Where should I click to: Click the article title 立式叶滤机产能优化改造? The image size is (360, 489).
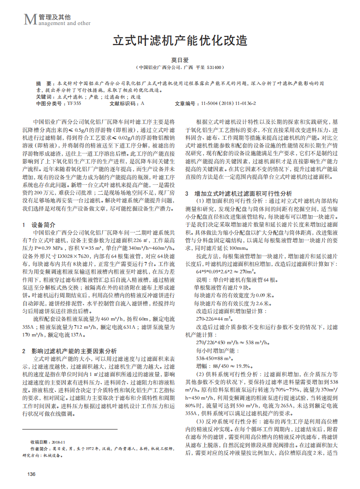click(180, 41)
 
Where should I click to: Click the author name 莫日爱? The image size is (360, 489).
click(180, 60)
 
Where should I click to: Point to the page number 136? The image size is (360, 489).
click(31, 474)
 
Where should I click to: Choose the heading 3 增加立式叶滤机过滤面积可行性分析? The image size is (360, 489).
click(238, 193)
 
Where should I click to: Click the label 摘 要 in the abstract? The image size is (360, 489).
click(44, 84)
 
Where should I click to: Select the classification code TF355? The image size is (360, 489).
click(74, 104)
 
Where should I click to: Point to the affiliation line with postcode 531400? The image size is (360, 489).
click(180, 67)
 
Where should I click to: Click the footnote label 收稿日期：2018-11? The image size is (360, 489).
click(49, 442)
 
